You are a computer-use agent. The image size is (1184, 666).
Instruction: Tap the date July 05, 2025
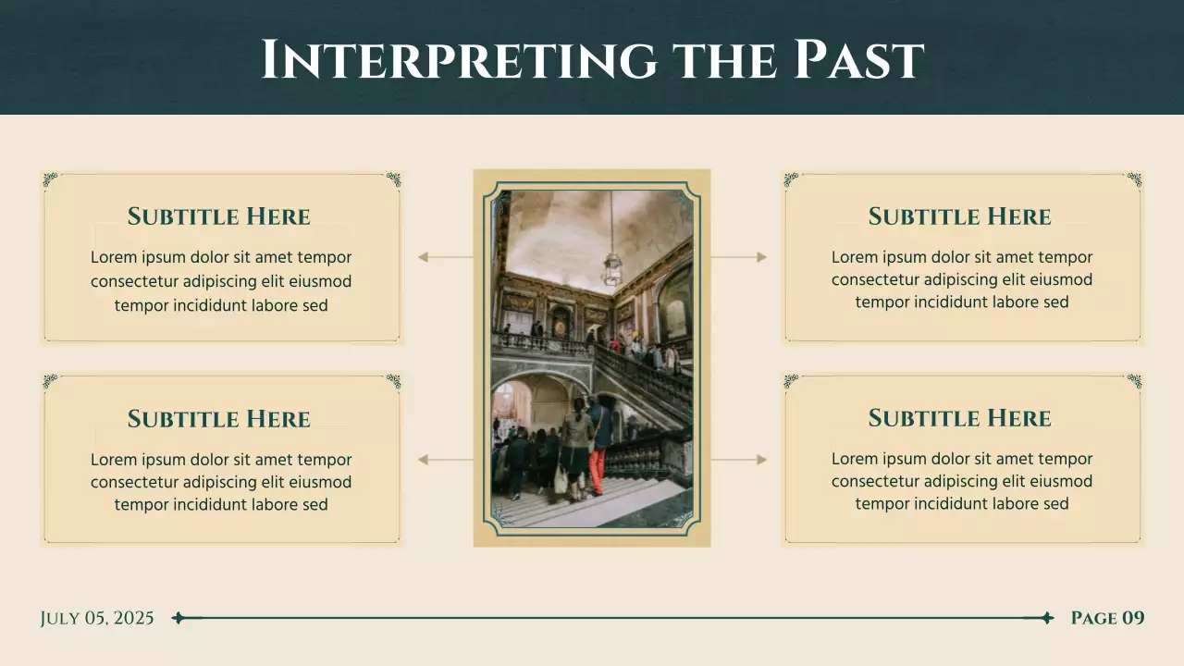tap(97, 618)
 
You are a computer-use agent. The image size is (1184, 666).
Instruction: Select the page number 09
tap(1133, 618)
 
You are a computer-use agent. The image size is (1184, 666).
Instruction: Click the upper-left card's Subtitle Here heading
tap(219, 216)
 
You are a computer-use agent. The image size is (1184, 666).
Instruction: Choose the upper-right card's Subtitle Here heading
tap(959, 216)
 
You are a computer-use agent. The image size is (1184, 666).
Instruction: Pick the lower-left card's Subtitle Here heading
tap(219, 419)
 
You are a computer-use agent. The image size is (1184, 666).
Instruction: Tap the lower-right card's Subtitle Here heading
tap(959, 418)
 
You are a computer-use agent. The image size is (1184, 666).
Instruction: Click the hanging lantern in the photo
tap(611, 269)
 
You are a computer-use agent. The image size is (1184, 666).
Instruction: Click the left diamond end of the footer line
tap(179, 618)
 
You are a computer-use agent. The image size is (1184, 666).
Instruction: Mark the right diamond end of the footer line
tap(1047, 618)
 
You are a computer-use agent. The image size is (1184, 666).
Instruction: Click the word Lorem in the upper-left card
tap(113, 258)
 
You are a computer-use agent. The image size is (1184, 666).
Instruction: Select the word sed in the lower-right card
tap(1055, 504)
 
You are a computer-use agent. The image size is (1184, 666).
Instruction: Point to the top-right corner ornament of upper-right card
tap(1134, 179)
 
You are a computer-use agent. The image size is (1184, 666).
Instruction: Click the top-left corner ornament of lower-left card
tap(51, 381)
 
